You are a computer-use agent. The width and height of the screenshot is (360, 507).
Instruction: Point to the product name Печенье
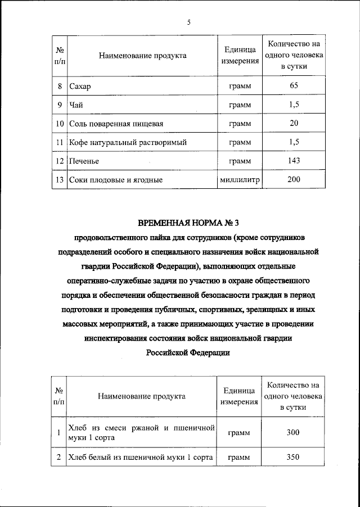pyautogui.click(x=84, y=161)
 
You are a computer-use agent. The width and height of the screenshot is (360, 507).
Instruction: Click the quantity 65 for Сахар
pyautogui.click(x=294, y=86)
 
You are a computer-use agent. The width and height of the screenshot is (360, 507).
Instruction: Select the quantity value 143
pyautogui.click(x=294, y=161)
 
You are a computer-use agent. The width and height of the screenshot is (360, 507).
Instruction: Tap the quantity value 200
pyautogui.click(x=294, y=179)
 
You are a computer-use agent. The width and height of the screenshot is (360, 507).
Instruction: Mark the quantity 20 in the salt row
pyautogui.click(x=294, y=123)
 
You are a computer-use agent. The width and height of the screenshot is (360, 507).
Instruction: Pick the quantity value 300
pyautogui.click(x=292, y=432)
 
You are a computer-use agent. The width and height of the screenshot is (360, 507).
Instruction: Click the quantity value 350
pyautogui.click(x=292, y=457)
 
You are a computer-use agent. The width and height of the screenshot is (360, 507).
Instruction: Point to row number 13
pyautogui.click(x=60, y=180)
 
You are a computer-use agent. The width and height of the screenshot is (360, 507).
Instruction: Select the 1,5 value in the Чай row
pyautogui.click(x=294, y=105)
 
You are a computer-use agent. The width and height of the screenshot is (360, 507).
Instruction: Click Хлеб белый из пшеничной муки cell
pyautogui.click(x=139, y=458)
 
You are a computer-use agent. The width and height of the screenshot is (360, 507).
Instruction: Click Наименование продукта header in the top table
pyautogui.click(x=142, y=56)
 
